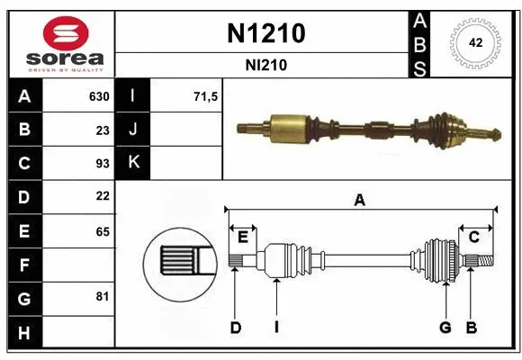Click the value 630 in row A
click(98, 96)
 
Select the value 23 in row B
click(102, 130)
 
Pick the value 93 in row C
click(102, 163)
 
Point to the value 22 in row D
click(102, 196)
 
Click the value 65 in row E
click(102, 231)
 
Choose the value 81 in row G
click(102, 296)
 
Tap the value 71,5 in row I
click(206, 96)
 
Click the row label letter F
click(23, 265)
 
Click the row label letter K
click(134, 163)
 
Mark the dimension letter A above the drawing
click(360, 201)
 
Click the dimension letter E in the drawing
click(242, 237)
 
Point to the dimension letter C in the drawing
click(472, 237)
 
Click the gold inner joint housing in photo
click(289, 125)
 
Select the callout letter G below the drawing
click(445, 328)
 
